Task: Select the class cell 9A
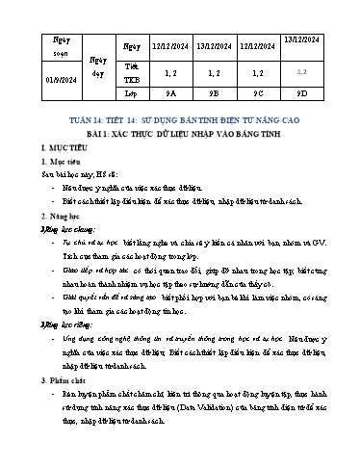169,95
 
